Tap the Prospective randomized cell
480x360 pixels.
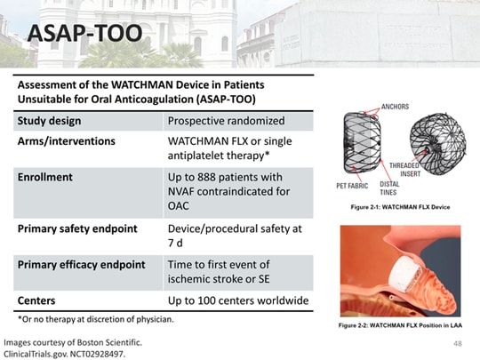[x=226, y=120]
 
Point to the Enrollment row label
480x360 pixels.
[x=45, y=177]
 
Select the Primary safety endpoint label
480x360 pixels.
[x=77, y=228]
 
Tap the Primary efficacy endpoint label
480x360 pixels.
[x=83, y=265]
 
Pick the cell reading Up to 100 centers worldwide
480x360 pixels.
[x=238, y=300]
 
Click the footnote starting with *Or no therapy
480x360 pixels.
[x=96, y=318]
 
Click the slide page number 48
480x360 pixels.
[x=458, y=343]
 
